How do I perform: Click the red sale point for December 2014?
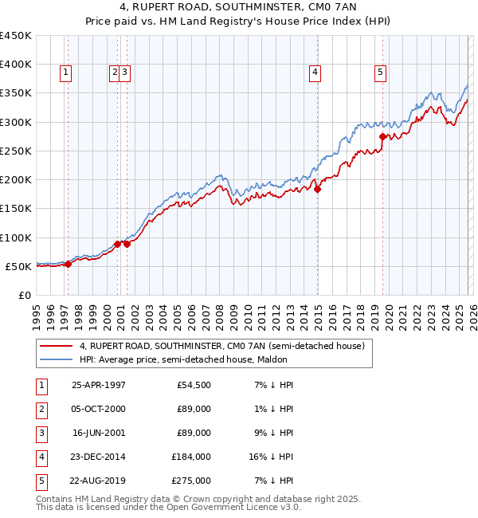tap(317, 189)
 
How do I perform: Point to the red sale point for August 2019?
tap(383, 136)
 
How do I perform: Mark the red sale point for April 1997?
tap(68, 264)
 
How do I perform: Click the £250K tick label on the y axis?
tap(16, 151)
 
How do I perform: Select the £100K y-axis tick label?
tap(16, 237)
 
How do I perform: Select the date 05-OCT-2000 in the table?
tap(99, 409)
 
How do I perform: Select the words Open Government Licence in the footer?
tap(232, 507)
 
